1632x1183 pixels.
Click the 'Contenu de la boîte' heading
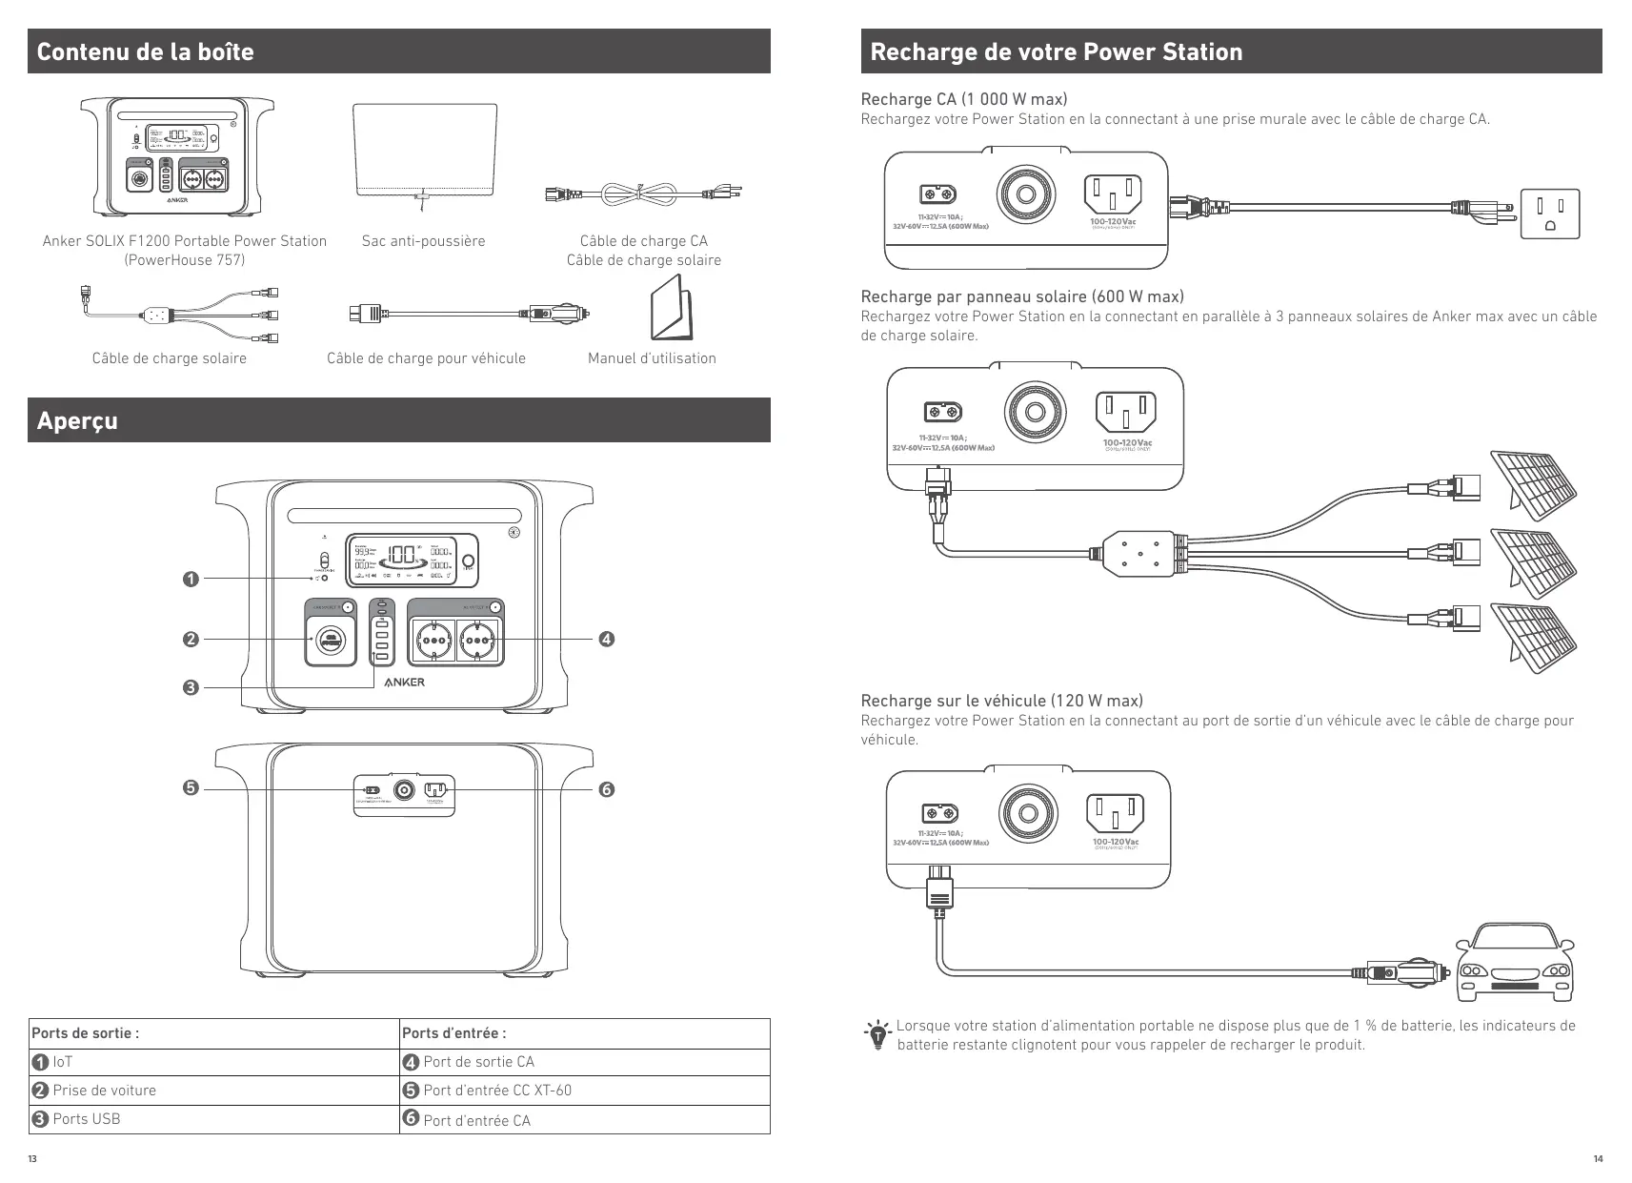click(x=145, y=51)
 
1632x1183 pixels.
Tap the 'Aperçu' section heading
click(x=77, y=420)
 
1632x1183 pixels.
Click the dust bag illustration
click(x=424, y=150)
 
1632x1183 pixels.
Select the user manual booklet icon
click(x=672, y=308)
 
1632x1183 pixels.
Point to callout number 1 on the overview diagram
click(x=191, y=579)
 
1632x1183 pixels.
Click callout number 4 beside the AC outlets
click(x=606, y=639)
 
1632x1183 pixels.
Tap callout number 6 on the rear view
click(x=606, y=789)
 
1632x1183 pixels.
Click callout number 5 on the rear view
click(x=191, y=788)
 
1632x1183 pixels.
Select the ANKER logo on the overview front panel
click(x=404, y=683)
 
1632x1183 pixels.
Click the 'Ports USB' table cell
click(x=86, y=1119)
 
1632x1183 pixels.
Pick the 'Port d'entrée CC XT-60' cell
click(x=496, y=1091)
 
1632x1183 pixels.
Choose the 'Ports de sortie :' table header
click(x=86, y=1033)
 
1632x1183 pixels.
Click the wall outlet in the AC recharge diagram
click(x=1550, y=214)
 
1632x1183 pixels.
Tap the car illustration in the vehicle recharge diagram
click(x=1514, y=963)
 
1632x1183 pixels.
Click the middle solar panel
click(x=1533, y=564)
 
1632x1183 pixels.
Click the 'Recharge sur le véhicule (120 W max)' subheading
click(x=1001, y=701)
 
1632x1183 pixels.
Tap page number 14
click(x=1598, y=1159)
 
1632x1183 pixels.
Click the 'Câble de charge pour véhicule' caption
click(x=426, y=358)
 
